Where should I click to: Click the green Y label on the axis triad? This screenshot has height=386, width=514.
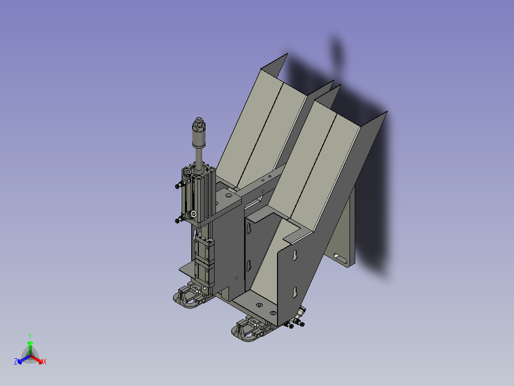(30, 336)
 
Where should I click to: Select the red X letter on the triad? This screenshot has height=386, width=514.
(44, 362)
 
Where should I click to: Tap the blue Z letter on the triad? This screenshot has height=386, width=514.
(16, 362)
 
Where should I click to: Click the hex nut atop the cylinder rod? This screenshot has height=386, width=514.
(198, 125)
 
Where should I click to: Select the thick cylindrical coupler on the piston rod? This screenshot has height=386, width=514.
(198, 139)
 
